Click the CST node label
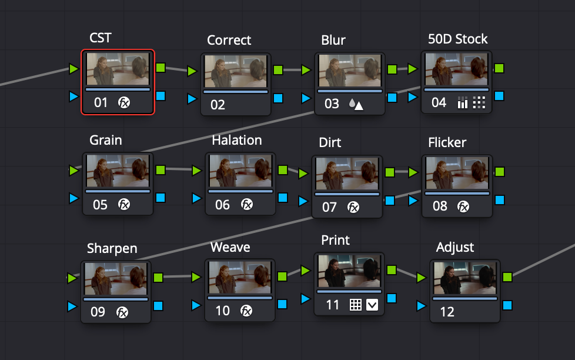pos(101,38)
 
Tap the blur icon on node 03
pos(356,104)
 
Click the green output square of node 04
pos(499,68)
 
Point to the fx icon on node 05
pos(124,204)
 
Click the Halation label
pos(237,140)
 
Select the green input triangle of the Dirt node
pos(303,174)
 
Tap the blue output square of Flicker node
pos(499,200)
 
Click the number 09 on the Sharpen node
pos(98,312)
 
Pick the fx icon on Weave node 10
pos(246,311)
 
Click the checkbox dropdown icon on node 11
pos(372,305)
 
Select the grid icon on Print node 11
pos(355,305)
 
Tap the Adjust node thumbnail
pos(465,278)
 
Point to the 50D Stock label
pos(458,39)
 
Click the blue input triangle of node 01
pos(73,95)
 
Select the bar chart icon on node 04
pos(462,104)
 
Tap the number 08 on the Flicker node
pos(440,206)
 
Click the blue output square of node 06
pos(283,198)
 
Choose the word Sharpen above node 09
pos(112,248)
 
